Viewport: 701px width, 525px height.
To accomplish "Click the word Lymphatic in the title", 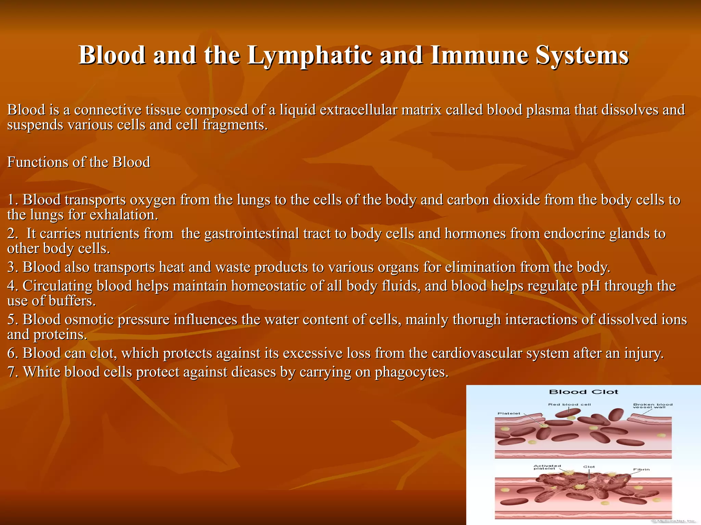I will [x=310, y=55].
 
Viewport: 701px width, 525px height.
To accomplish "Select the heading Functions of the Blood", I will [x=79, y=162].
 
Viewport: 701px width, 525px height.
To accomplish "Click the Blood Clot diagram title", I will [x=584, y=392].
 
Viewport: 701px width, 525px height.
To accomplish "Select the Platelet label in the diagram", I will [x=509, y=414].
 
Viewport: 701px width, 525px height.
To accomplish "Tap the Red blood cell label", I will [x=569, y=405].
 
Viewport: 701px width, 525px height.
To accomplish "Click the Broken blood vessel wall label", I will [x=652, y=406].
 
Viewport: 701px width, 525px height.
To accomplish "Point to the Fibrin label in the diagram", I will [x=641, y=470].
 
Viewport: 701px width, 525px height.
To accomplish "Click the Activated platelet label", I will [x=547, y=467].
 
